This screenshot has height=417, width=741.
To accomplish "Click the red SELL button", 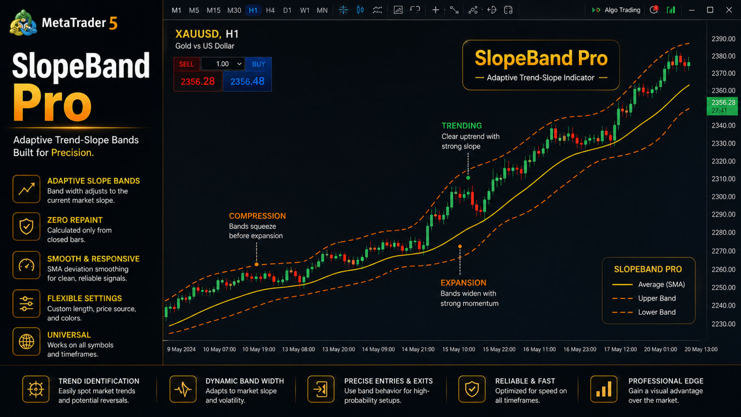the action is tap(186, 64).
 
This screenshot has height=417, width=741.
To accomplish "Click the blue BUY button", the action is tap(258, 64).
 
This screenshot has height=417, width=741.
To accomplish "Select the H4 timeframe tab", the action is tap(270, 10).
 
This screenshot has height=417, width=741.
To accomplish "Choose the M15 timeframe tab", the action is tap(213, 10).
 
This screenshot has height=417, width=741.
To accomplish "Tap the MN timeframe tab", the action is tap(322, 10).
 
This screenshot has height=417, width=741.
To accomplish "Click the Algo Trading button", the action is tap(616, 10).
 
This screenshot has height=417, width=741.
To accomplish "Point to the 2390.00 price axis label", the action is tap(723, 39).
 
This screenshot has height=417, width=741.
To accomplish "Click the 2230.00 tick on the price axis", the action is tap(723, 324).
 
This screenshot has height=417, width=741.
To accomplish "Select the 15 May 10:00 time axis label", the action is tap(459, 349).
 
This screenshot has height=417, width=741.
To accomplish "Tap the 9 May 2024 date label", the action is tap(181, 349).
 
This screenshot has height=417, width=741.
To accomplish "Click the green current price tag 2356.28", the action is tap(722, 106).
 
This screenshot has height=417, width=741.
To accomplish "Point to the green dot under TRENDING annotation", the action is tap(468, 178).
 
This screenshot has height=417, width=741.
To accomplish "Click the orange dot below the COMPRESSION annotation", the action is tap(256, 264).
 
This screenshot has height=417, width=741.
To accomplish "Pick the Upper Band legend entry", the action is tap(644, 298).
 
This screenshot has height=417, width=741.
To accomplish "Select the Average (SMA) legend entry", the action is tap(648, 284).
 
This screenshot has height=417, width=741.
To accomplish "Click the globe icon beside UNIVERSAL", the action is tap(27, 342).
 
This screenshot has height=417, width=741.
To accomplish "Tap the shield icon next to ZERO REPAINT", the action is tap(27, 226).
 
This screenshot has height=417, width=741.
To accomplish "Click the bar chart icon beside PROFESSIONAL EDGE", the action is tap(603, 389).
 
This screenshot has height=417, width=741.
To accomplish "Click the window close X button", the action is tap(729, 10).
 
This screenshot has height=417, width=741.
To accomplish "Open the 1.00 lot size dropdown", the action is tap(222, 64).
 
